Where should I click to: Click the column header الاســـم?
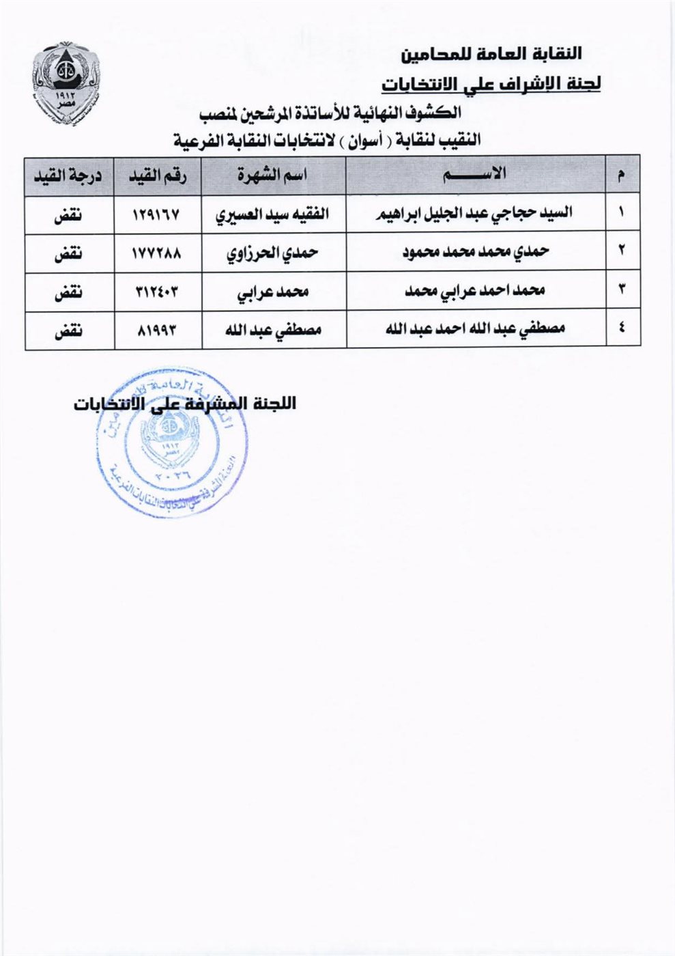[x=476, y=175]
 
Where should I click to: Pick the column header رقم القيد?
[x=158, y=175]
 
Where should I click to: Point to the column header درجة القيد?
[x=68, y=175]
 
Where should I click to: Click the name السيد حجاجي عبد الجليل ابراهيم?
[x=476, y=214]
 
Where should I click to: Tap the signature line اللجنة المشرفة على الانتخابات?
[x=185, y=403]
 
